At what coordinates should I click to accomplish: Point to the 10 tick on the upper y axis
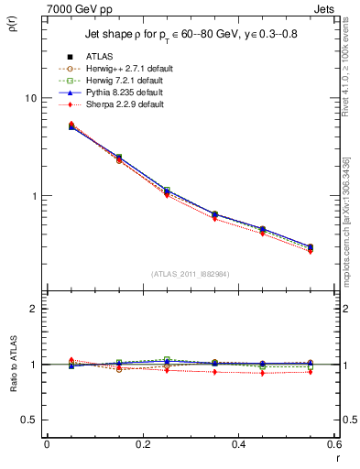(x=29, y=98)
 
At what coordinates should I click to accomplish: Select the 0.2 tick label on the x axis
(x=142, y=443)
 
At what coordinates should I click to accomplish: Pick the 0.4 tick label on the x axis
(x=238, y=443)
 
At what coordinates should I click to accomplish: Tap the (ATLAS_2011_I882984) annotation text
(x=190, y=274)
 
